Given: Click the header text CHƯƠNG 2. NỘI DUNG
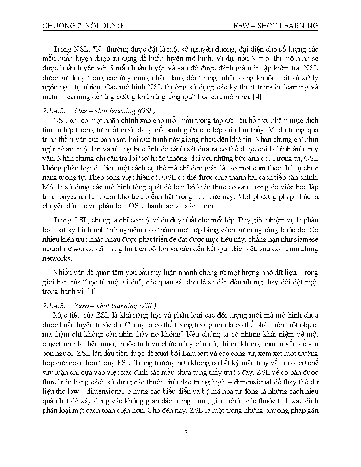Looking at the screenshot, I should (82, 26).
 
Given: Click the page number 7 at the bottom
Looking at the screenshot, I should (186, 433).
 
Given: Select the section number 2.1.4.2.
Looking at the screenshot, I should (54, 111).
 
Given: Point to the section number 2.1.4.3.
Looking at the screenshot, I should (54, 306).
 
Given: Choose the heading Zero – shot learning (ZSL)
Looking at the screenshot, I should (115, 306).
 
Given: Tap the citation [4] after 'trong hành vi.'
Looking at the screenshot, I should (92, 292).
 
